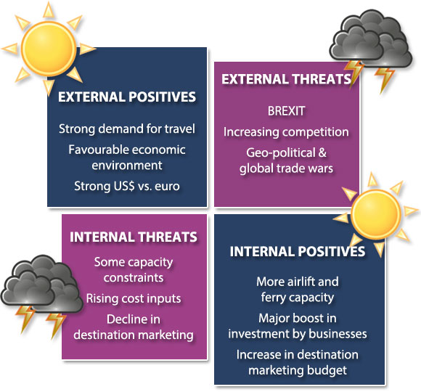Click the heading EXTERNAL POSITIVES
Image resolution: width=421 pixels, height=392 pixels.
click(127, 97)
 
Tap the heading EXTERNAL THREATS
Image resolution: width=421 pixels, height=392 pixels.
click(286, 79)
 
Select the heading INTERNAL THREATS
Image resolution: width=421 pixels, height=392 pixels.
click(134, 237)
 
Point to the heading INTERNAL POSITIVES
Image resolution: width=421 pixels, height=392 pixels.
click(298, 252)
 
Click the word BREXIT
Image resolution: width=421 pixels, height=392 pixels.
click(286, 111)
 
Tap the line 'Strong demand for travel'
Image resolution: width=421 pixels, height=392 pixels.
click(127, 129)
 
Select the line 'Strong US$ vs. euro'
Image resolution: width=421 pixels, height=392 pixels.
click(127, 186)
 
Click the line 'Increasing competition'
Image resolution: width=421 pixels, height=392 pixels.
click(286, 132)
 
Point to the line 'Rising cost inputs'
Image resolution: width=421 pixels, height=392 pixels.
click(134, 298)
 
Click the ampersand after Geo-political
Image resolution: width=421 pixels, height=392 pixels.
click(322, 152)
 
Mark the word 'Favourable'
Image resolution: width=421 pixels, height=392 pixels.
click(97, 150)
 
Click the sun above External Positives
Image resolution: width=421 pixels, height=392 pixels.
click(49, 49)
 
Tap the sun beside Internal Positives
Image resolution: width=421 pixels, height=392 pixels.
click(375, 214)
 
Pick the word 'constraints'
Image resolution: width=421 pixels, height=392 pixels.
click(134, 277)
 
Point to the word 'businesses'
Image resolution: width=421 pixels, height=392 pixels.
click(338, 334)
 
